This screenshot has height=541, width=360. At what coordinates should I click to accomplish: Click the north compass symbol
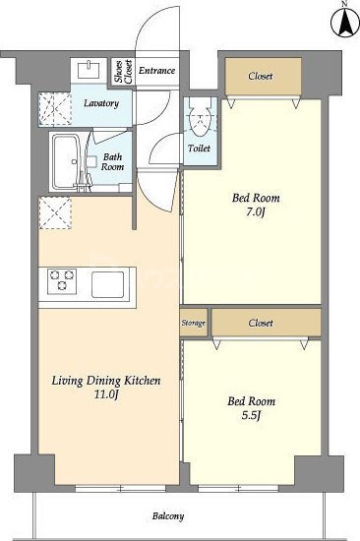coord(344,21)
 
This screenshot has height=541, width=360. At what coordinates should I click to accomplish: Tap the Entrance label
coord(156,71)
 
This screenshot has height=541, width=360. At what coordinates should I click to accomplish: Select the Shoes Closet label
coord(124,72)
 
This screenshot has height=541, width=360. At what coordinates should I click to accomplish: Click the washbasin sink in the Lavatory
coord(90,70)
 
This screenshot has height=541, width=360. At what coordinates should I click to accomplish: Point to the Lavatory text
coord(101,103)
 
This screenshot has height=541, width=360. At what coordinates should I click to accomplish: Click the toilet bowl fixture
coord(201,121)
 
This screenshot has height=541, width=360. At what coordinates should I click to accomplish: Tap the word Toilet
coord(199,149)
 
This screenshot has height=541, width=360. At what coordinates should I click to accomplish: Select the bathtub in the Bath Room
coord(66,161)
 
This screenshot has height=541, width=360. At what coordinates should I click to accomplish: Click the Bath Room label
coord(112,162)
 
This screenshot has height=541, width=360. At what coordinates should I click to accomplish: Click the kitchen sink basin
coord(107,284)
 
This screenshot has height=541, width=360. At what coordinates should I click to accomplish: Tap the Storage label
coord(194,323)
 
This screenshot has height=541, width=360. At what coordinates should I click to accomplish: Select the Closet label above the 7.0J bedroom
coord(261,76)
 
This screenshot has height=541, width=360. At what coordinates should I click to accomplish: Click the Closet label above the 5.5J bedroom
coord(261,323)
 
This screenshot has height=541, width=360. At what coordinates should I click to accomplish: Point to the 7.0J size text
coord(256,212)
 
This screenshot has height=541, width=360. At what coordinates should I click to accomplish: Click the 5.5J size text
coord(251,416)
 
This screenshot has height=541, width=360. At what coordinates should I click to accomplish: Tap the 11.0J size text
coord(106,394)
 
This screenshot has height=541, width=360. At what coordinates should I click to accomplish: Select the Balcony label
coord(168,516)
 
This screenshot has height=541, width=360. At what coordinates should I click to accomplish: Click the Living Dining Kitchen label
coord(106,381)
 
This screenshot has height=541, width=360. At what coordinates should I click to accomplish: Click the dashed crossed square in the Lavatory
coord(54,108)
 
